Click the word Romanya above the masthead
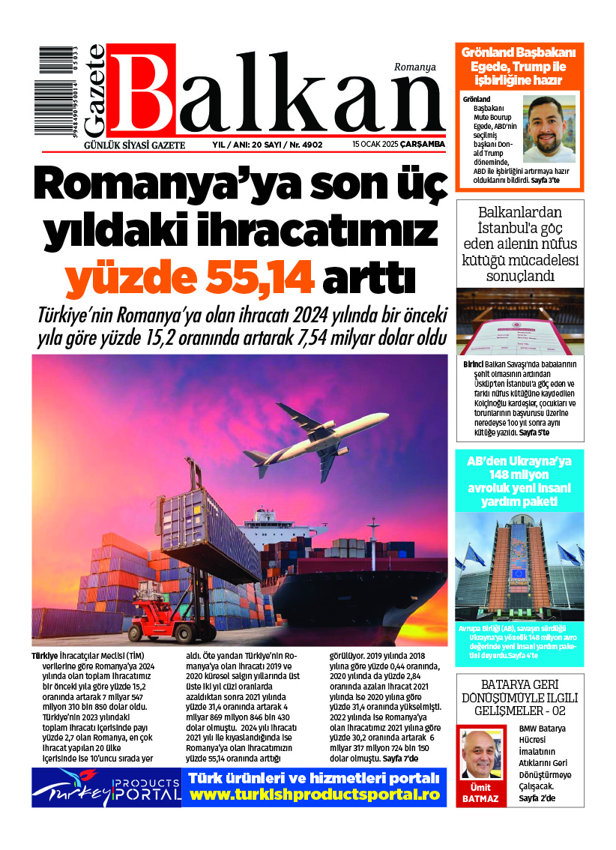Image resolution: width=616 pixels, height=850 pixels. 414,67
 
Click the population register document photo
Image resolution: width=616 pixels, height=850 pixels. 519,322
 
